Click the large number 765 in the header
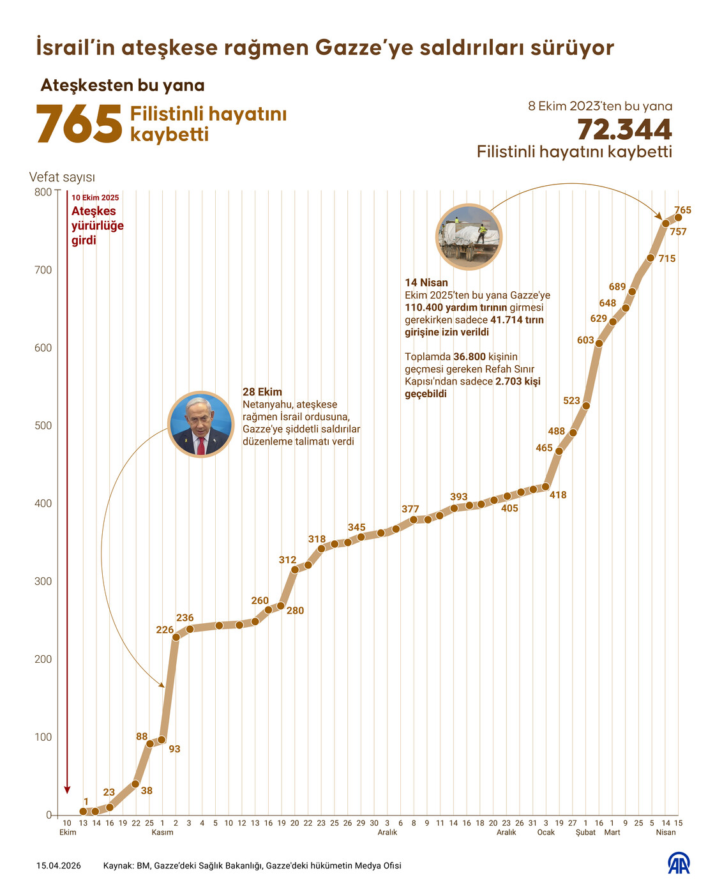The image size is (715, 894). (79, 124)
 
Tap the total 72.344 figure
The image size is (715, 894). (624, 130)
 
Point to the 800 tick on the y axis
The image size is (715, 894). (43, 192)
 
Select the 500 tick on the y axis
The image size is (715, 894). (43, 426)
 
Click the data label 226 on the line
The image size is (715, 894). (165, 630)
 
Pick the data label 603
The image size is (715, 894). (585, 340)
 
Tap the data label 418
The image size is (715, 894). (558, 495)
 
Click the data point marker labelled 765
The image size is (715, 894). (678, 218)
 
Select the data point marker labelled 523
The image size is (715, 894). (586, 406)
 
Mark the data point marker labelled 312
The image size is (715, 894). (295, 570)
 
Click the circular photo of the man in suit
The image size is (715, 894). (200, 425)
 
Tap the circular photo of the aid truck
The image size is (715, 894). (469, 236)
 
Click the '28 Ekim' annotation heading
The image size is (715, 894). (262, 392)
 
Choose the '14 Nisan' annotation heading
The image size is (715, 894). (426, 283)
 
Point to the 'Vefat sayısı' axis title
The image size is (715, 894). (62, 178)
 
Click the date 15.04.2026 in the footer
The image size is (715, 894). (59, 866)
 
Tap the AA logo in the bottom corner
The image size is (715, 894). (678, 864)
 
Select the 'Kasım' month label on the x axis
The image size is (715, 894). (162, 832)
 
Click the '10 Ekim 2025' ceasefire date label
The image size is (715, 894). (95, 198)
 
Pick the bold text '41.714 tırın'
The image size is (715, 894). (517, 320)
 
